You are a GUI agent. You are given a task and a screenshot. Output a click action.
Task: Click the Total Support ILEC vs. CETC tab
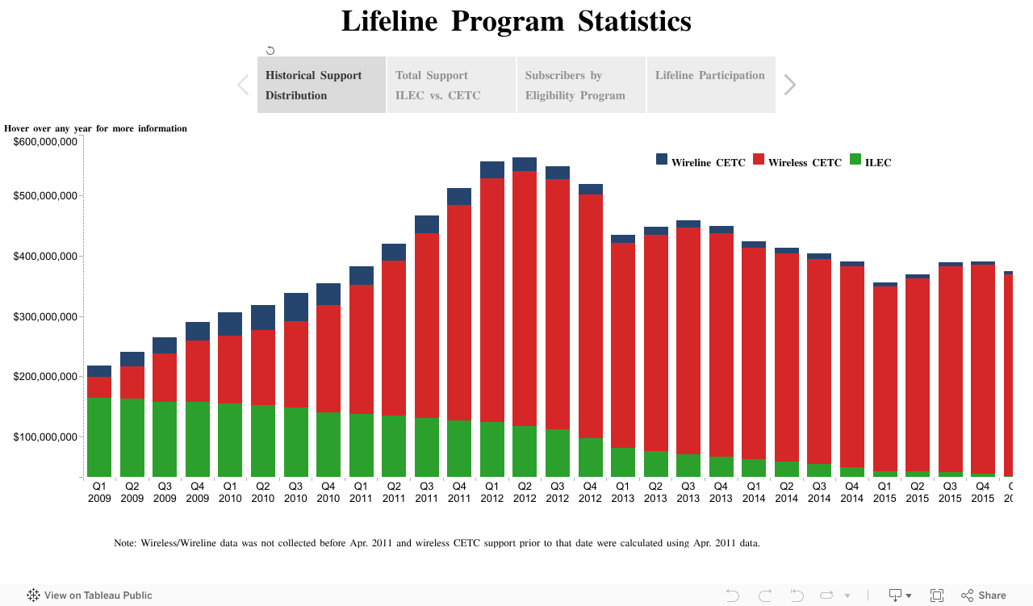451,85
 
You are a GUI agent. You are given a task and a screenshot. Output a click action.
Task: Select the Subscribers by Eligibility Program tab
581,85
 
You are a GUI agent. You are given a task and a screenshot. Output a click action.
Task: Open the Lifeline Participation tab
711,85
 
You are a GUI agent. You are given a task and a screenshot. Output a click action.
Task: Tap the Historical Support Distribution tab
321,85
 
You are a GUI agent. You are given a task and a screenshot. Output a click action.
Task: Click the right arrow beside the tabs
790,85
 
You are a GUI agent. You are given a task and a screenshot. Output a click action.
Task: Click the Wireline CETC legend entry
701,162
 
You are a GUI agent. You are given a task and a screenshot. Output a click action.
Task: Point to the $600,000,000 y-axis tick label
45,142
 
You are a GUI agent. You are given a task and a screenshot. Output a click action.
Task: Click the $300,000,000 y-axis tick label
45,316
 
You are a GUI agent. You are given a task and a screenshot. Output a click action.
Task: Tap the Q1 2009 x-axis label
99,492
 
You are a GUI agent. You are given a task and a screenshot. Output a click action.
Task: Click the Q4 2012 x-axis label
590,492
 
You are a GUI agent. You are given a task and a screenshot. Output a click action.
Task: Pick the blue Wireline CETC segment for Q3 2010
296,307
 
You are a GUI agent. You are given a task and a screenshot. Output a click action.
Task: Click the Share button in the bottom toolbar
984,596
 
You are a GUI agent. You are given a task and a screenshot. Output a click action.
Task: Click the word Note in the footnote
125,543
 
